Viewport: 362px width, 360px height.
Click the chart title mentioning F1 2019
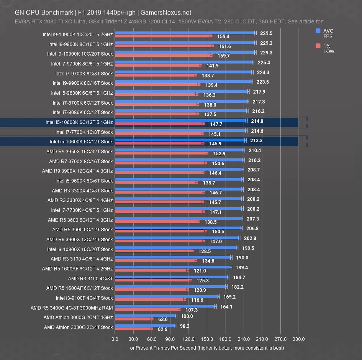[103, 12]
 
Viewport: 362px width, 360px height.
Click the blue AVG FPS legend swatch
[318, 31]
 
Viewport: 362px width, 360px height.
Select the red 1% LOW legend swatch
[318, 46]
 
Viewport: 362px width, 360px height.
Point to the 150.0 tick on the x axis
[207, 339]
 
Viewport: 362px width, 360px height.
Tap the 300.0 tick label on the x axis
[298, 339]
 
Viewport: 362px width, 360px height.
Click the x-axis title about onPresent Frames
[207, 348]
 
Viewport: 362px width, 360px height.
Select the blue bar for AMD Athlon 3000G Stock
[145, 325]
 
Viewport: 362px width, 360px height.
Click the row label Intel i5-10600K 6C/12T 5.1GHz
[79, 122]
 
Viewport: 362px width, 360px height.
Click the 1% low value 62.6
[163, 329]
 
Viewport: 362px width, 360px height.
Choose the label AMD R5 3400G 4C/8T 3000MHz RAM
[72, 308]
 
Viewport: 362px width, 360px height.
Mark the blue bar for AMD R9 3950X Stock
[179, 150]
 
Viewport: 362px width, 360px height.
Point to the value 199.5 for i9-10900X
[248, 248]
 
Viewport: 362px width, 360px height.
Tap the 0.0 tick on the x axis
[115, 339]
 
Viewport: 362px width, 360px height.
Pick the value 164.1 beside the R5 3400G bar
[226, 307]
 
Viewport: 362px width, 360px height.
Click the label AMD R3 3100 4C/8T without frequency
[90, 278]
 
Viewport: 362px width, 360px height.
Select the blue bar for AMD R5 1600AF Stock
[170, 286]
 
